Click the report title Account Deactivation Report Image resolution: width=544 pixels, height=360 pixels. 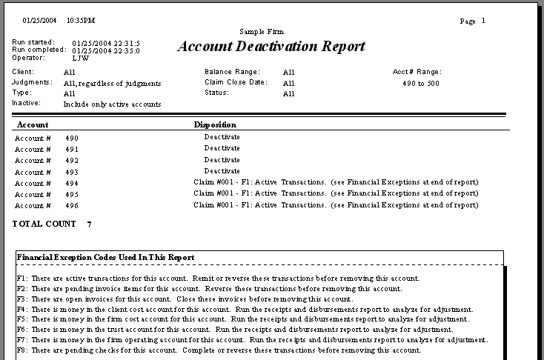[271, 46]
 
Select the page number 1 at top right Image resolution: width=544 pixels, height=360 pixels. [483, 21]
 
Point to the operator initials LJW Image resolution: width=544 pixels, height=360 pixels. [80, 57]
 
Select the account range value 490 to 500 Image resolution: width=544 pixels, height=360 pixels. [420, 83]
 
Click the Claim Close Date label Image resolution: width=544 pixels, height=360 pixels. [235, 82]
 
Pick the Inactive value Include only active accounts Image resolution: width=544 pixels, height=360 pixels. [112, 104]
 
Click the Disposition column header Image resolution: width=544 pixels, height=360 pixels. [215, 124]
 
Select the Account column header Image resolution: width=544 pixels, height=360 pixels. [33, 124]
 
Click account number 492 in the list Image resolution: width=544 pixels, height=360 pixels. [71, 160]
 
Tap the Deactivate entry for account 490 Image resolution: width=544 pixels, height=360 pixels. [222, 137]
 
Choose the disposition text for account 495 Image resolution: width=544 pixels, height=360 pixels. [336, 193]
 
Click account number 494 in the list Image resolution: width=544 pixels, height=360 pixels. [71, 183]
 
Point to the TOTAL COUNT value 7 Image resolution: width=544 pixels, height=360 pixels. [90, 223]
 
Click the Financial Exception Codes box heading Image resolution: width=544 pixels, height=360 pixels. [105, 257]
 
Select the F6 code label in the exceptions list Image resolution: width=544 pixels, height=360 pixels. [21, 329]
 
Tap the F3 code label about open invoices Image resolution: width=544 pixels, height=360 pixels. [21, 299]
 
